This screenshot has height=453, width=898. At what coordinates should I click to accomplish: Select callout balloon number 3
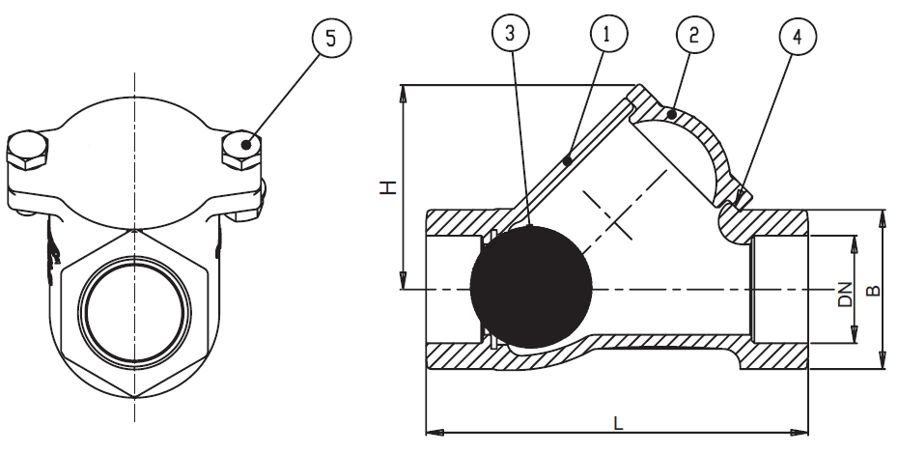512,34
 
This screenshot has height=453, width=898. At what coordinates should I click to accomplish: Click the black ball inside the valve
531,288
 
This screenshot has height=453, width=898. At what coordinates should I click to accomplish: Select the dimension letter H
388,186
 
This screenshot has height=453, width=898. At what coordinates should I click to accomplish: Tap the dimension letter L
618,422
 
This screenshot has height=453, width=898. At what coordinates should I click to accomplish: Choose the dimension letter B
873,289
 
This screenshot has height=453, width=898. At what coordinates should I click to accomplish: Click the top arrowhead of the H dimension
401,90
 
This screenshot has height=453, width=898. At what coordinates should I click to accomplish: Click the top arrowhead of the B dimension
881,214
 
